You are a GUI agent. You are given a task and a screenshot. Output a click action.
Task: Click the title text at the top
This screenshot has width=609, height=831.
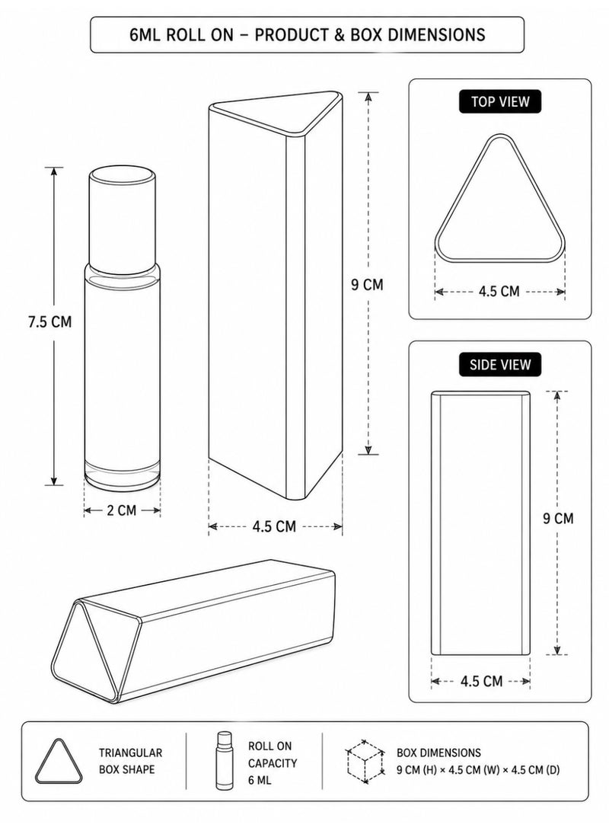pos(307,35)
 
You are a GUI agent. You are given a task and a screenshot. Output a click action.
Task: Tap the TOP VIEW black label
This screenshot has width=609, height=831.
pos(500,102)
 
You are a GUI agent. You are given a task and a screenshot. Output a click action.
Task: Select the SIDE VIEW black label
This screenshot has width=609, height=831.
pos(500,365)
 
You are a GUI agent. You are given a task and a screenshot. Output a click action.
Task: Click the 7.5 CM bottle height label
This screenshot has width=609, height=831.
pos(49,321)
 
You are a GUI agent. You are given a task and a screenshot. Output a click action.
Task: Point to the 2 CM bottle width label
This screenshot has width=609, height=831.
pos(122,510)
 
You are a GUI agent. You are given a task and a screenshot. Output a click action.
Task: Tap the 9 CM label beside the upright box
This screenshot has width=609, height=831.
pos(367,285)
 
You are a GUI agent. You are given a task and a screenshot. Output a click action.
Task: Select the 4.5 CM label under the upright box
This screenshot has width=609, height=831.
pos(274,527)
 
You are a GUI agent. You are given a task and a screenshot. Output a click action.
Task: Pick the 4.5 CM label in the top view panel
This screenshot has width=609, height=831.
pos(499,292)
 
